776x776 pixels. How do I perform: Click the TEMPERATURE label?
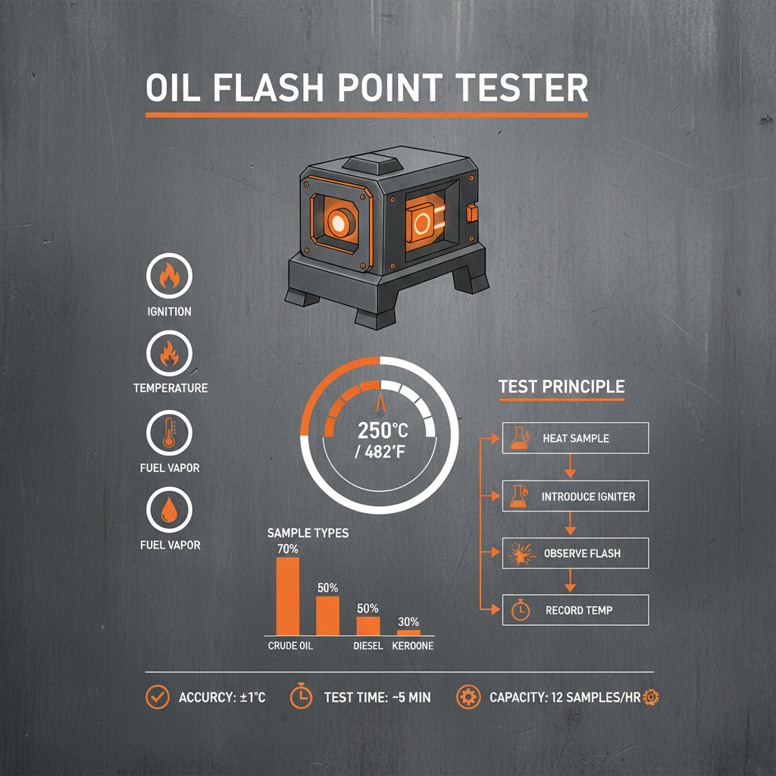coord(170,388)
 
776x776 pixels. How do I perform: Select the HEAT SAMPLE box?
coord(576,438)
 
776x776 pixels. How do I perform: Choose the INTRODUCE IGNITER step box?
coord(576,496)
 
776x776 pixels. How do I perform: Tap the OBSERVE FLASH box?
coord(576,553)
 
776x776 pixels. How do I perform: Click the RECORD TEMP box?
coord(576,610)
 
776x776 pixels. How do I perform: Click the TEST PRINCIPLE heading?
coord(562,386)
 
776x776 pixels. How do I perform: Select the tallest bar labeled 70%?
coord(288,596)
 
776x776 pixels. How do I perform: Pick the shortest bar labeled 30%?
coord(408,631)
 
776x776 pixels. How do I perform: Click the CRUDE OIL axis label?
coord(290,646)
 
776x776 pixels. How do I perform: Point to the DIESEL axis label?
coord(368,646)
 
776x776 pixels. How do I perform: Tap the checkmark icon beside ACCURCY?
coord(158,696)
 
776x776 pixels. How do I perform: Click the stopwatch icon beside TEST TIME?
coord(301,696)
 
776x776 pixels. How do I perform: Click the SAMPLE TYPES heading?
coord(308,533)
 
